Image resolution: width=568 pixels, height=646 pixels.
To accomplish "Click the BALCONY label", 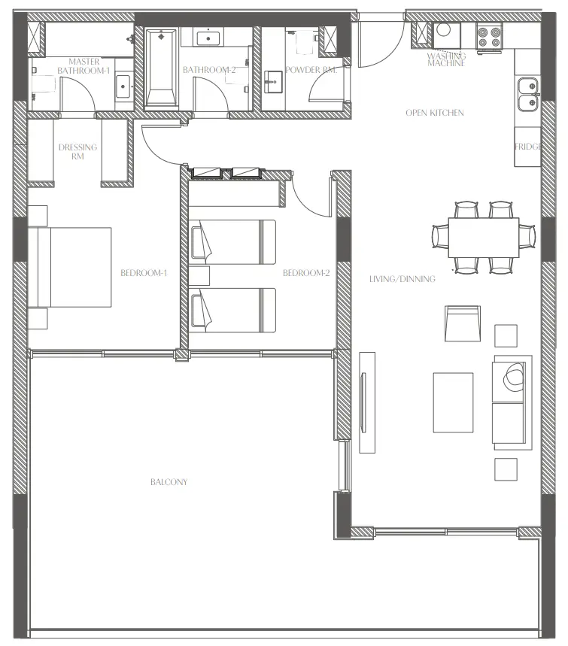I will point(169,482).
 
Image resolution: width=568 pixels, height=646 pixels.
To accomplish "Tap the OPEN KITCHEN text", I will point(435,113).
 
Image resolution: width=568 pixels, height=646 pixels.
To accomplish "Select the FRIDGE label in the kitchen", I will point(527,147).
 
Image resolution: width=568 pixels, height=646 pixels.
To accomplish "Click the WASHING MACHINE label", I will point(447,59).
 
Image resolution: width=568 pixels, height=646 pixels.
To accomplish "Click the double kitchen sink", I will point(527,93).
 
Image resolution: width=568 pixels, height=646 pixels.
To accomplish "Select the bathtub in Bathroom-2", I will point(160,68).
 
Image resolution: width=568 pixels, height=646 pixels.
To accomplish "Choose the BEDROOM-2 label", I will point(306,273).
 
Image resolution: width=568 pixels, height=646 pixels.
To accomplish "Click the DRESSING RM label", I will point(77,152).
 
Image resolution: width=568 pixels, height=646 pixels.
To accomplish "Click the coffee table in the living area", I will point(453,402).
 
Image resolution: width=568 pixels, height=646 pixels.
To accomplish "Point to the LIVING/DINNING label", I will point(402,279).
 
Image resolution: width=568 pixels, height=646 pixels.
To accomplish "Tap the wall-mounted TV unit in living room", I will point(366,402).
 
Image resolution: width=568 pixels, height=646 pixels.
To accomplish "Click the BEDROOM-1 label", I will point(144,273).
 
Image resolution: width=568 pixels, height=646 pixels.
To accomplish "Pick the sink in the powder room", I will point(272,81).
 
